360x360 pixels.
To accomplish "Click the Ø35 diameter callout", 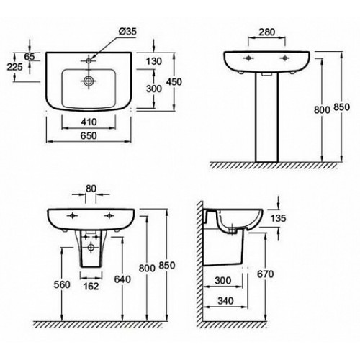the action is (x=127, y=32).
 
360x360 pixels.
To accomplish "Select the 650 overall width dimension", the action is (x=89, y=135).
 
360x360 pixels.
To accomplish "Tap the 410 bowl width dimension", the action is (x=89, y=122).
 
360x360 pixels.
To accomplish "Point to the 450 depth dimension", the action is (x=174, y=82).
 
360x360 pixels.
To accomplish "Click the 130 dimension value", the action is (x=154, y=61).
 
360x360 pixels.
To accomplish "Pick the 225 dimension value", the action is (x=14, y=67).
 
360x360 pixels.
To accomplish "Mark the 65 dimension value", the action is (x=30, y=57).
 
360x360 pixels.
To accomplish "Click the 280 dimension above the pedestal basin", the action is (x=266, y=32).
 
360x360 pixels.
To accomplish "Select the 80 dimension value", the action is (x=91, y=189).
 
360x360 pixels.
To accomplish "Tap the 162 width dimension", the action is (x=91, y=286).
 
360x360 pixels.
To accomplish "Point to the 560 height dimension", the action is (x=62, y=284).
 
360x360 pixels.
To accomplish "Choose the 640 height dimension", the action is (x=122, y=279).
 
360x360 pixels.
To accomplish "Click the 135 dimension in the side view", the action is (x=278, y=218).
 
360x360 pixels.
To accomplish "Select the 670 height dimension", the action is (x=265, y=274).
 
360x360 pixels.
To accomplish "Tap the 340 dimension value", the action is (x=225, y=300).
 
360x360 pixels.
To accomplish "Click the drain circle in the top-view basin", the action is (x=89, y=81).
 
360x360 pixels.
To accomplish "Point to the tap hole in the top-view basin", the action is (x=89, y=60).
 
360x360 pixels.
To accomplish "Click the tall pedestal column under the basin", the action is (x=267, y=117).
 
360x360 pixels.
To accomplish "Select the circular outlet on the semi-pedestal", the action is (x=91, y=246).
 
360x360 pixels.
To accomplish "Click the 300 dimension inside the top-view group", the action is (x=154, y=89).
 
